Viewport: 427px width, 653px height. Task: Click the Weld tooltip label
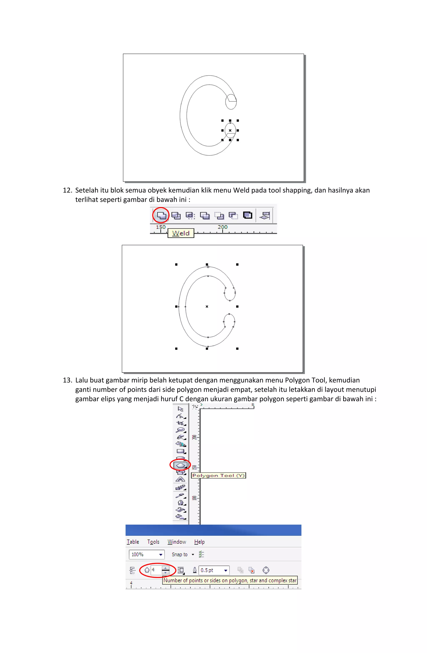click(181, 233)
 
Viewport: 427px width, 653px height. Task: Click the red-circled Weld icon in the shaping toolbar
click(161, 215)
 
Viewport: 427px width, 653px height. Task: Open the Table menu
click(133, 542)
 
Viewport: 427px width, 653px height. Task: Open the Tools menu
click(153, 542)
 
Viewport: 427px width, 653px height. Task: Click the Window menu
click(177, 542)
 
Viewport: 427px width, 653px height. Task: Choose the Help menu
click(199, 542)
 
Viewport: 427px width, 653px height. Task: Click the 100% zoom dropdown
click(147, 555)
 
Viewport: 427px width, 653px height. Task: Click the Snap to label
click(180, 555)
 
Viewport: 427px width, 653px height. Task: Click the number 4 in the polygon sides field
click(153, 570)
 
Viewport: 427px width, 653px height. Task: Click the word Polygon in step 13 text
click(295, 380)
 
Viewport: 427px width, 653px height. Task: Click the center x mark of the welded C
click(207, 306)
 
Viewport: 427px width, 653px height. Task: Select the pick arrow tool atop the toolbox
click(180, 409)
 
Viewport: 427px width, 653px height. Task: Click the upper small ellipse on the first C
click(231, 102)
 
